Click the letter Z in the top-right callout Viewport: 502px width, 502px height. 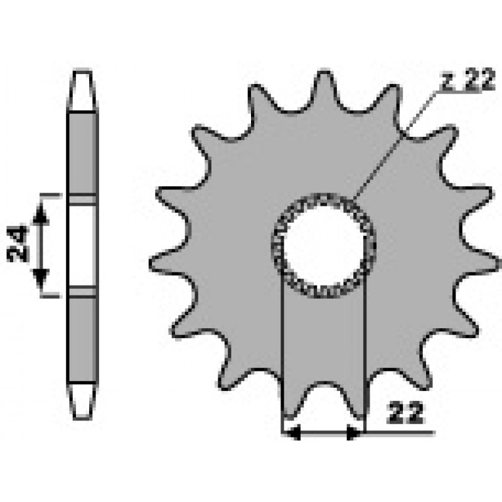point(449,80)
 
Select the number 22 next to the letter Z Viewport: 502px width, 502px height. point(479,80)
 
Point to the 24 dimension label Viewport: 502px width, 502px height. point(18,243)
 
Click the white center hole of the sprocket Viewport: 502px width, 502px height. point(324,246)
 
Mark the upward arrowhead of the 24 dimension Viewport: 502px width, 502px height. point(41,213)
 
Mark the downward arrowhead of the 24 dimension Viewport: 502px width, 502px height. point(41,278)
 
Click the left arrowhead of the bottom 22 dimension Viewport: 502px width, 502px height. point(293,432)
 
